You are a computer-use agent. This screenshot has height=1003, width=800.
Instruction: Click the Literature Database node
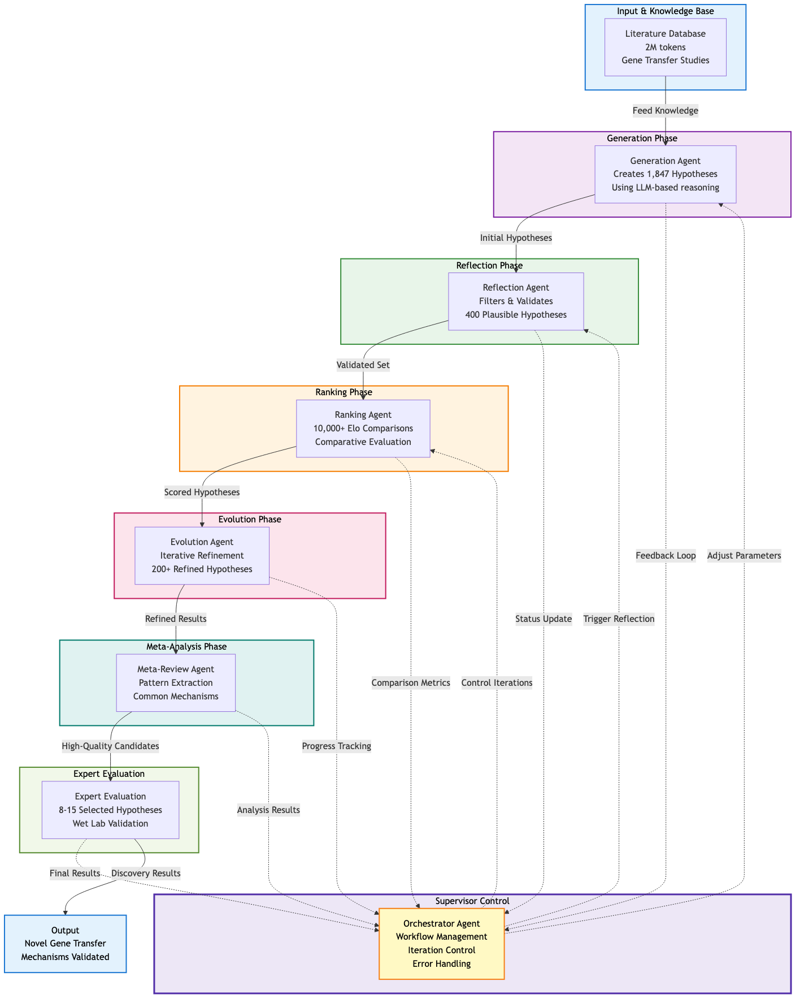point(665,47)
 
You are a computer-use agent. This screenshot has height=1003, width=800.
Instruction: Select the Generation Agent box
point(665,174)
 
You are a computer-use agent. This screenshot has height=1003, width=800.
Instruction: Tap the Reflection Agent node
point(516,301)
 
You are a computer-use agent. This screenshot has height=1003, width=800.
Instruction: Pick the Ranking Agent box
point(363,429)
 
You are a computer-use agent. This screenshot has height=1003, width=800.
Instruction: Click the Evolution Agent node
point(202,556)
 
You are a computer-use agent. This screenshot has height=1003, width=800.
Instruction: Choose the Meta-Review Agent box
point(176,682)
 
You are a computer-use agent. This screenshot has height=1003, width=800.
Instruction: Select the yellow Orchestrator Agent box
point(441,944)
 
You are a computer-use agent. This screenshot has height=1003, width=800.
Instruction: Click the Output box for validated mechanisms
point(65,944)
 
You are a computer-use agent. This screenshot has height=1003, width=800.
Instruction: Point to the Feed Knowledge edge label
point(665,111)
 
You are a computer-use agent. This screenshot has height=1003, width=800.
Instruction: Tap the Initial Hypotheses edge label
point(516,238)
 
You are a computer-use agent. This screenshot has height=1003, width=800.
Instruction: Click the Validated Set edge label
point(363,365)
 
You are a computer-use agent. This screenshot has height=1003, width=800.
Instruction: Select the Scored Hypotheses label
point(202,492)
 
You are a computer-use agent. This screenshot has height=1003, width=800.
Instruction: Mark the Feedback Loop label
point(666,556)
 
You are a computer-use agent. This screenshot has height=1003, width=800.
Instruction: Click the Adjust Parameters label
point(744,556)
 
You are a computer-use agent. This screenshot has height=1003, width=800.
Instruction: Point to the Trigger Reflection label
point(619,619)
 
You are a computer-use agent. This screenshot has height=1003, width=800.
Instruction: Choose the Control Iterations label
point(497,683)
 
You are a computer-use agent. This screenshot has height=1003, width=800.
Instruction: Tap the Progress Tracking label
point(336,746)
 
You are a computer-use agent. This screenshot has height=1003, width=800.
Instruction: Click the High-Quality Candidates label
point(110,746)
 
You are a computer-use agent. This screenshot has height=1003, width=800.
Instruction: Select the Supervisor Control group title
point(472,901)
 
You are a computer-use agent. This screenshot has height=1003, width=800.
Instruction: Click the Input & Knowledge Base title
point(665,11)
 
